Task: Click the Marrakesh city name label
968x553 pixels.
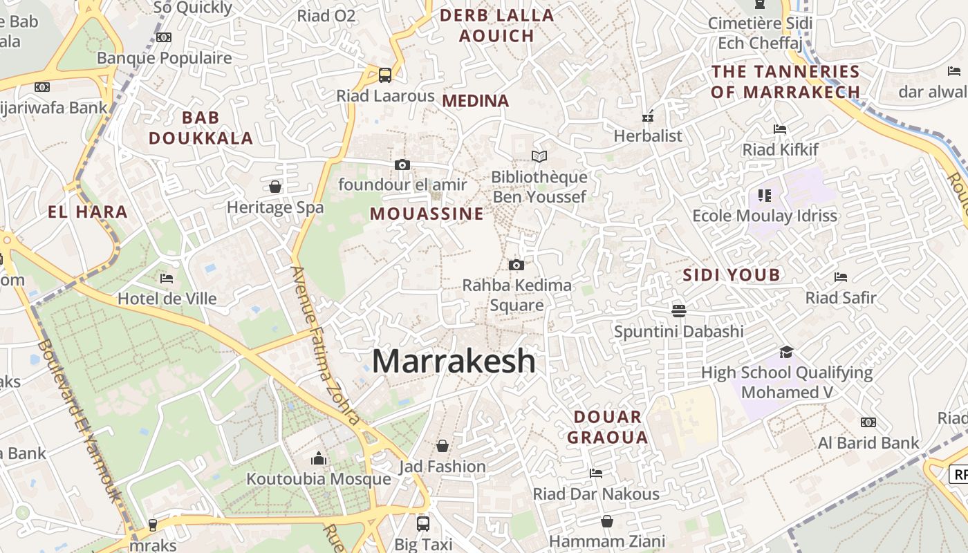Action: pos(454,362)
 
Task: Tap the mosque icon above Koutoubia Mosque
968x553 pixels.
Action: pos(319,458)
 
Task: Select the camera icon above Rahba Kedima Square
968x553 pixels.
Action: pos(516,265)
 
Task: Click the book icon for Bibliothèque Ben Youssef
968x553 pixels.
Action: pos(539,157)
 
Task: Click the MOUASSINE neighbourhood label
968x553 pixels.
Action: pos(427,214)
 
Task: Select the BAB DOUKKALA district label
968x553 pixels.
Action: pos(201,128)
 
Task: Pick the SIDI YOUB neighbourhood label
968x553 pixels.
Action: pos(732,275)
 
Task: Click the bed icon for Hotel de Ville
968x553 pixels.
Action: pos(167,279)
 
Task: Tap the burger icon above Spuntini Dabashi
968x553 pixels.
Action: pos(678,310)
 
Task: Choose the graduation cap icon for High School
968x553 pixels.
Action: pos(786,353)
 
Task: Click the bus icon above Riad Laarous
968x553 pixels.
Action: pos(385,75)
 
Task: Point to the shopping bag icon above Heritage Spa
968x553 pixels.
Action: pos(275,187)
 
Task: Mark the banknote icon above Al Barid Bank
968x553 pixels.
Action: pos(868,422)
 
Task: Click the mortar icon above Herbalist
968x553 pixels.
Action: pos(648,115)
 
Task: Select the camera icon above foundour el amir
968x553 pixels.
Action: pos(402,165)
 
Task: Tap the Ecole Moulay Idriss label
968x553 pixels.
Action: pos(765,216)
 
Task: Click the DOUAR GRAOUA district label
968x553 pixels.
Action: pos(608,427)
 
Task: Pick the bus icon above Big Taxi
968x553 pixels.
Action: pos(423,523)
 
